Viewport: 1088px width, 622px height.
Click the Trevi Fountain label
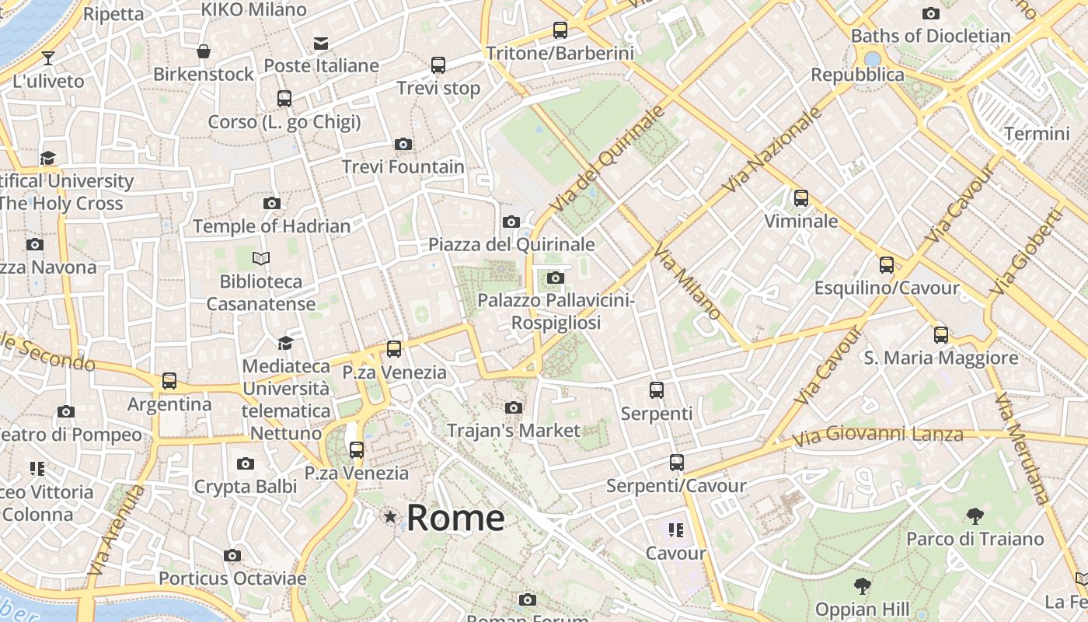pyautogui.click(x=403, y=166)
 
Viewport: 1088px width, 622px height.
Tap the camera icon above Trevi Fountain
pyautogui.click(x=403, y=144)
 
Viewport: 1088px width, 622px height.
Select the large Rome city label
pyautogui.click(x=455, y=518)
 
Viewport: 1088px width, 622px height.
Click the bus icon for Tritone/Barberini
pyautogui.click(x=560, y=30)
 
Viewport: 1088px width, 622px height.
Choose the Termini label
pyautogui.click(x=1037, y=133)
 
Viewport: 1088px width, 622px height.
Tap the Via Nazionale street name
pyautogui.click(x=772, y=149)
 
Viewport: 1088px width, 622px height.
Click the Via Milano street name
pyautogui.click(x=688, y=281)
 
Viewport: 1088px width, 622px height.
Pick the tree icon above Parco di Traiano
pyautogui.click(x=975, y=515)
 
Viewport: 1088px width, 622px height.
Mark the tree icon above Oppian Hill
pyautogui.click(x=862, y=586)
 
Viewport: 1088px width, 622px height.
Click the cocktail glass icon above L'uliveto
pyautogui.click(x=48, y=58)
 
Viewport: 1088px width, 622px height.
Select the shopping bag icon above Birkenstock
pyautogui.click(x=203, y=51)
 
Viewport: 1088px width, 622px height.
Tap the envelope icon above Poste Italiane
pyautogui.click(x=320, y=44)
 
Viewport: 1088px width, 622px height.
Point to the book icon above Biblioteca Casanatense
pyautogui.click(x=261, y=258)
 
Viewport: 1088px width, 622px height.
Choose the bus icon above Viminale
pyautogui.click(x=800, y=198)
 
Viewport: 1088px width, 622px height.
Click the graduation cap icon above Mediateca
pyautogui.click(x=285, y=343)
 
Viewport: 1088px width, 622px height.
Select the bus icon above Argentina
pyautogui.click(x=169, y=381)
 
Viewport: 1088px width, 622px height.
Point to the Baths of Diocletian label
pyautogui.click(x=930, y=36)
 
